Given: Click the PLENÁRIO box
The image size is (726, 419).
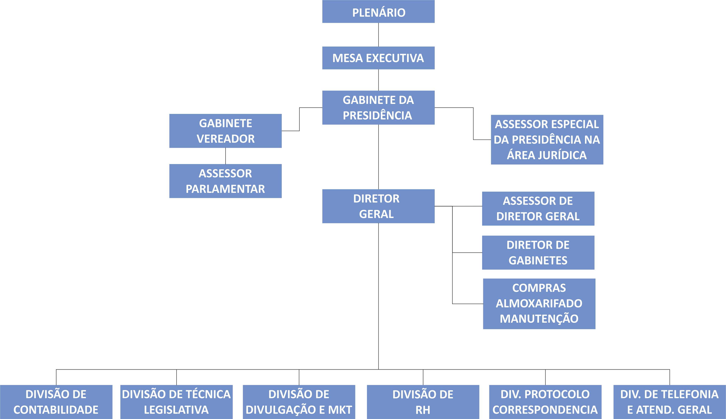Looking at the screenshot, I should pyautogui.click(x=378, y=12).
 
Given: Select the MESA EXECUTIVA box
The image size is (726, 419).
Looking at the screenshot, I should pyautogui.click(x=378, y=58).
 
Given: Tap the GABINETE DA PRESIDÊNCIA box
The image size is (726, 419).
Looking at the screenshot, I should pyautogui.click(x=378, y=108).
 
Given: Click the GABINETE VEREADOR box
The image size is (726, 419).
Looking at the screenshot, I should pyautogui.click(x=225, y=131).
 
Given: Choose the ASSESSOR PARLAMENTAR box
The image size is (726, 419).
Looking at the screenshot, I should pyautogui.click(x=225, y=181).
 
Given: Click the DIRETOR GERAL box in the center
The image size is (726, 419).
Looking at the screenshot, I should pyautogui.click(x=378, y=206).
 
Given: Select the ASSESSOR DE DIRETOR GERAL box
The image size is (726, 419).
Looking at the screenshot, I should pyautogui.click(x=538, y=209).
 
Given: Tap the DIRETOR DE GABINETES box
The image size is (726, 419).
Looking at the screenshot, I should pyautogui.click(x=538, y=253).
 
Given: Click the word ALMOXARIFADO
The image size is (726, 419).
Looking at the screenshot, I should pyautogui.click(x=539, y=303).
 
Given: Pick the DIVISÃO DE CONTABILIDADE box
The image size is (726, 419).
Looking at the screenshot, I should pyautogui.click(x=56, y=402).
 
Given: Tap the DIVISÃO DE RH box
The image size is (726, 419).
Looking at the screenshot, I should pyautogui.click(x=423, y=402).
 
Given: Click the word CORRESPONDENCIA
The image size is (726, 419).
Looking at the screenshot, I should pyautogui.click(x=545, y=410).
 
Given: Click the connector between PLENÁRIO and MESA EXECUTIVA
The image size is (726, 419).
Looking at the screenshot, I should pyautogui.click(x=378, y=34).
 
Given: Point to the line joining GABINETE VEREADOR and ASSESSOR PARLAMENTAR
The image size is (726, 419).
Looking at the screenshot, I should pyautogui.click(x=226, y=156).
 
